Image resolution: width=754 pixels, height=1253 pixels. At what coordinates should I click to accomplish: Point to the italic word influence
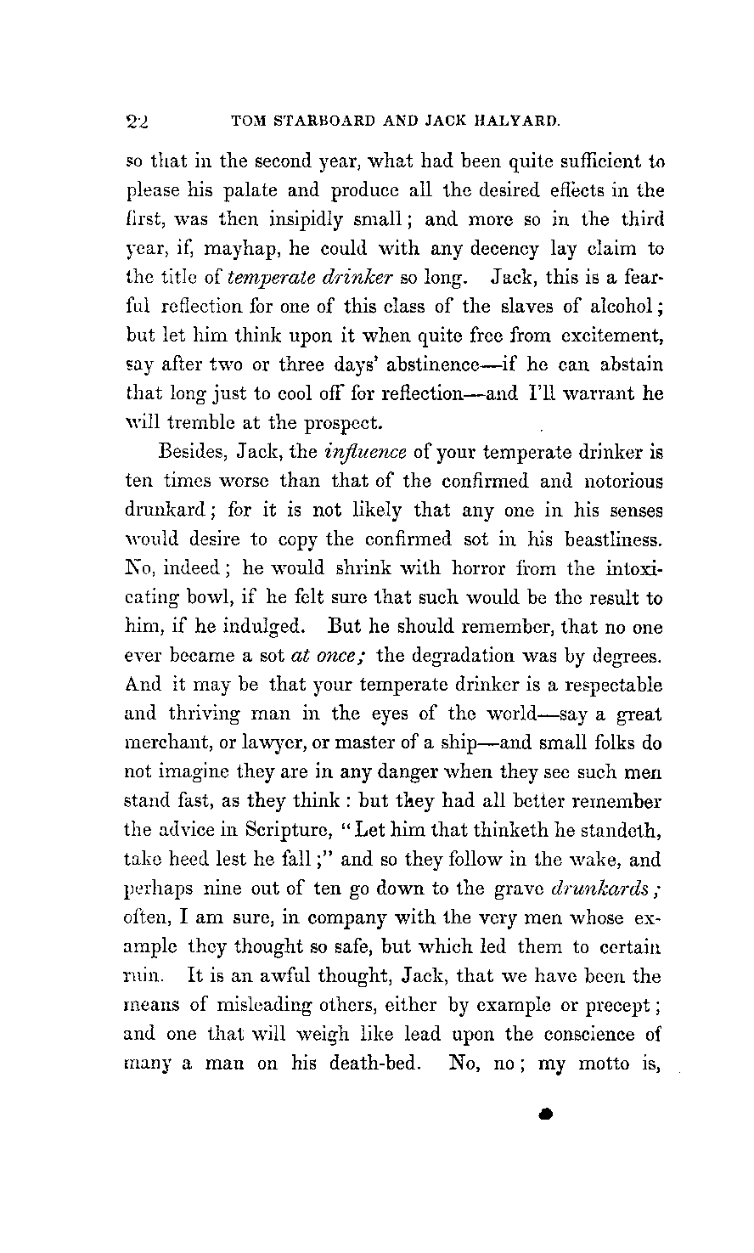[373, 452]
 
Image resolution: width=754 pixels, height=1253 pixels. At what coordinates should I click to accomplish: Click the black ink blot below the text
[546, 1114]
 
